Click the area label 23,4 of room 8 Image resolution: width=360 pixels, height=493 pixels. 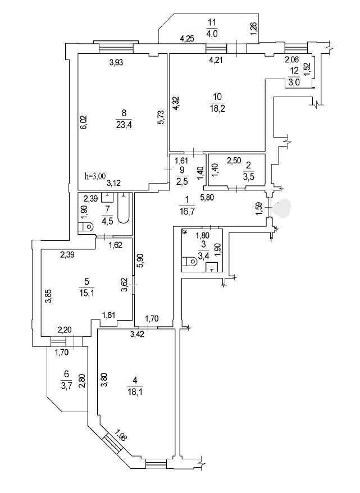pyautogui.click(x=124, y=125)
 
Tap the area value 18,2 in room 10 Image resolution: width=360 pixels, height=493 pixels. pyautogui.click(x=217, y=109)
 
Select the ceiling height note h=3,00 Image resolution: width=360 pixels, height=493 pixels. pyautogui.click(x=95, y=176)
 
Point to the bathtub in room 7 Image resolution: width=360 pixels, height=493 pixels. pyautogui.click(x=123, y=208)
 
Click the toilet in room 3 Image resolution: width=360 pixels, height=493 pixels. pyautogui.click(x=189, y=261)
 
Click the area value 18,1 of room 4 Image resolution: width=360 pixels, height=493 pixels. pyautogui.click(x=135, y=392)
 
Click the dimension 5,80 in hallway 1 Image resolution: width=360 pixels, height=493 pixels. pyautogui.click(x=208, y=198)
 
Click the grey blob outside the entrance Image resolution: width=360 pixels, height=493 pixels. pyautogui.click(x=282, y=207)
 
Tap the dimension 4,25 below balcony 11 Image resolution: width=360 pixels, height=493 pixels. pyautogui.click(x=187, y=39)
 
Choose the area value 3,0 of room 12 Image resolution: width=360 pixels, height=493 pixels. pyautogui.click(x=295, y=83)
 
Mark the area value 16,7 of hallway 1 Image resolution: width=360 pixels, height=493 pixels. pyautogui.click(x=188, y=211)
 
